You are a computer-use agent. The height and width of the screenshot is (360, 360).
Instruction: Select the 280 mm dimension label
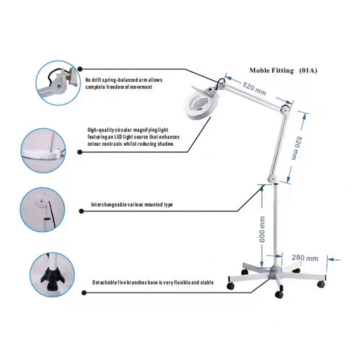tap(305, 258)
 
